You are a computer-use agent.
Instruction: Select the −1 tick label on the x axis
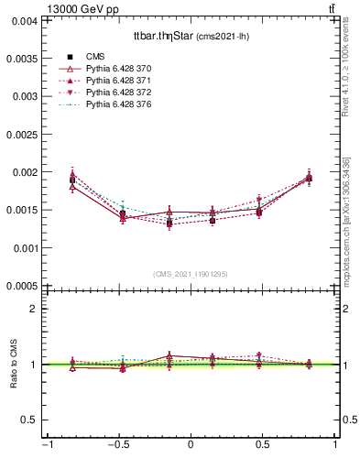[47, 446]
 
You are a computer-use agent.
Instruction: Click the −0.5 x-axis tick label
[118, 446]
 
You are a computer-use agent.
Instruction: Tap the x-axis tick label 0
[191, 446]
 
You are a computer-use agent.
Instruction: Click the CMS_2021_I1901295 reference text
[191, 275]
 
